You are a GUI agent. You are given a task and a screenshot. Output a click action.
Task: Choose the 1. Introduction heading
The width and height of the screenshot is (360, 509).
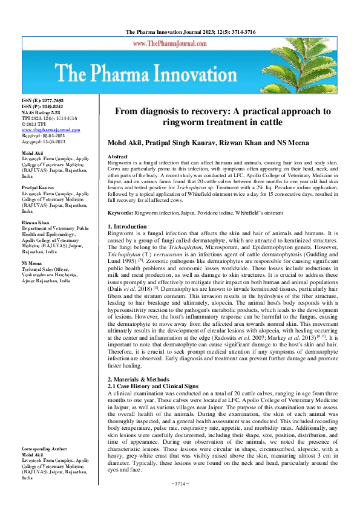129,227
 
